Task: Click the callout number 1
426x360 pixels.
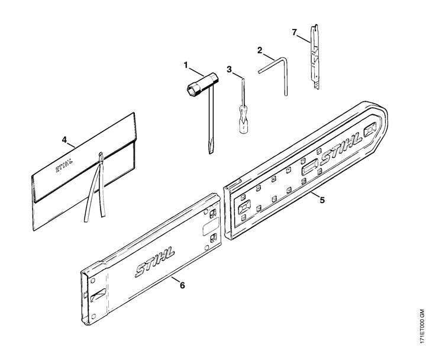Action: (x=186, y=65)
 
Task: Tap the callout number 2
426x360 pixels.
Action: (x=260, y=50)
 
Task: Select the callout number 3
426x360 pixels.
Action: (x=230, y=70)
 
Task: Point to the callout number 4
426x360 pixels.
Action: (x=64, y=140)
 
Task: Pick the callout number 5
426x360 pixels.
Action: (x=322, y=200)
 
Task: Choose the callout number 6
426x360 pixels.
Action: (x=182, y=285)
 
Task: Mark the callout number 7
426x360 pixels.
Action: (x=295, y=33)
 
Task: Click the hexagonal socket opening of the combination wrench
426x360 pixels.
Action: (x=192, y=91)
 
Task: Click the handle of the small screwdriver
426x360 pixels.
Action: (x=244, y=120)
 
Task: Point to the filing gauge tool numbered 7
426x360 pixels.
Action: (x=314, y=57)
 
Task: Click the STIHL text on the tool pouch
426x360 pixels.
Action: (x=64, y=165)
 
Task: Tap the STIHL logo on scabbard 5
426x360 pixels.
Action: (x=341, y=149)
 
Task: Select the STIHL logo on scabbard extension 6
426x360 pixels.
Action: (x=154, y=262)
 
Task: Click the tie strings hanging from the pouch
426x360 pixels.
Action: (x=95, y=188)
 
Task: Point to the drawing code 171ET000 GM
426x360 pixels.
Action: (x=421, y=333)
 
